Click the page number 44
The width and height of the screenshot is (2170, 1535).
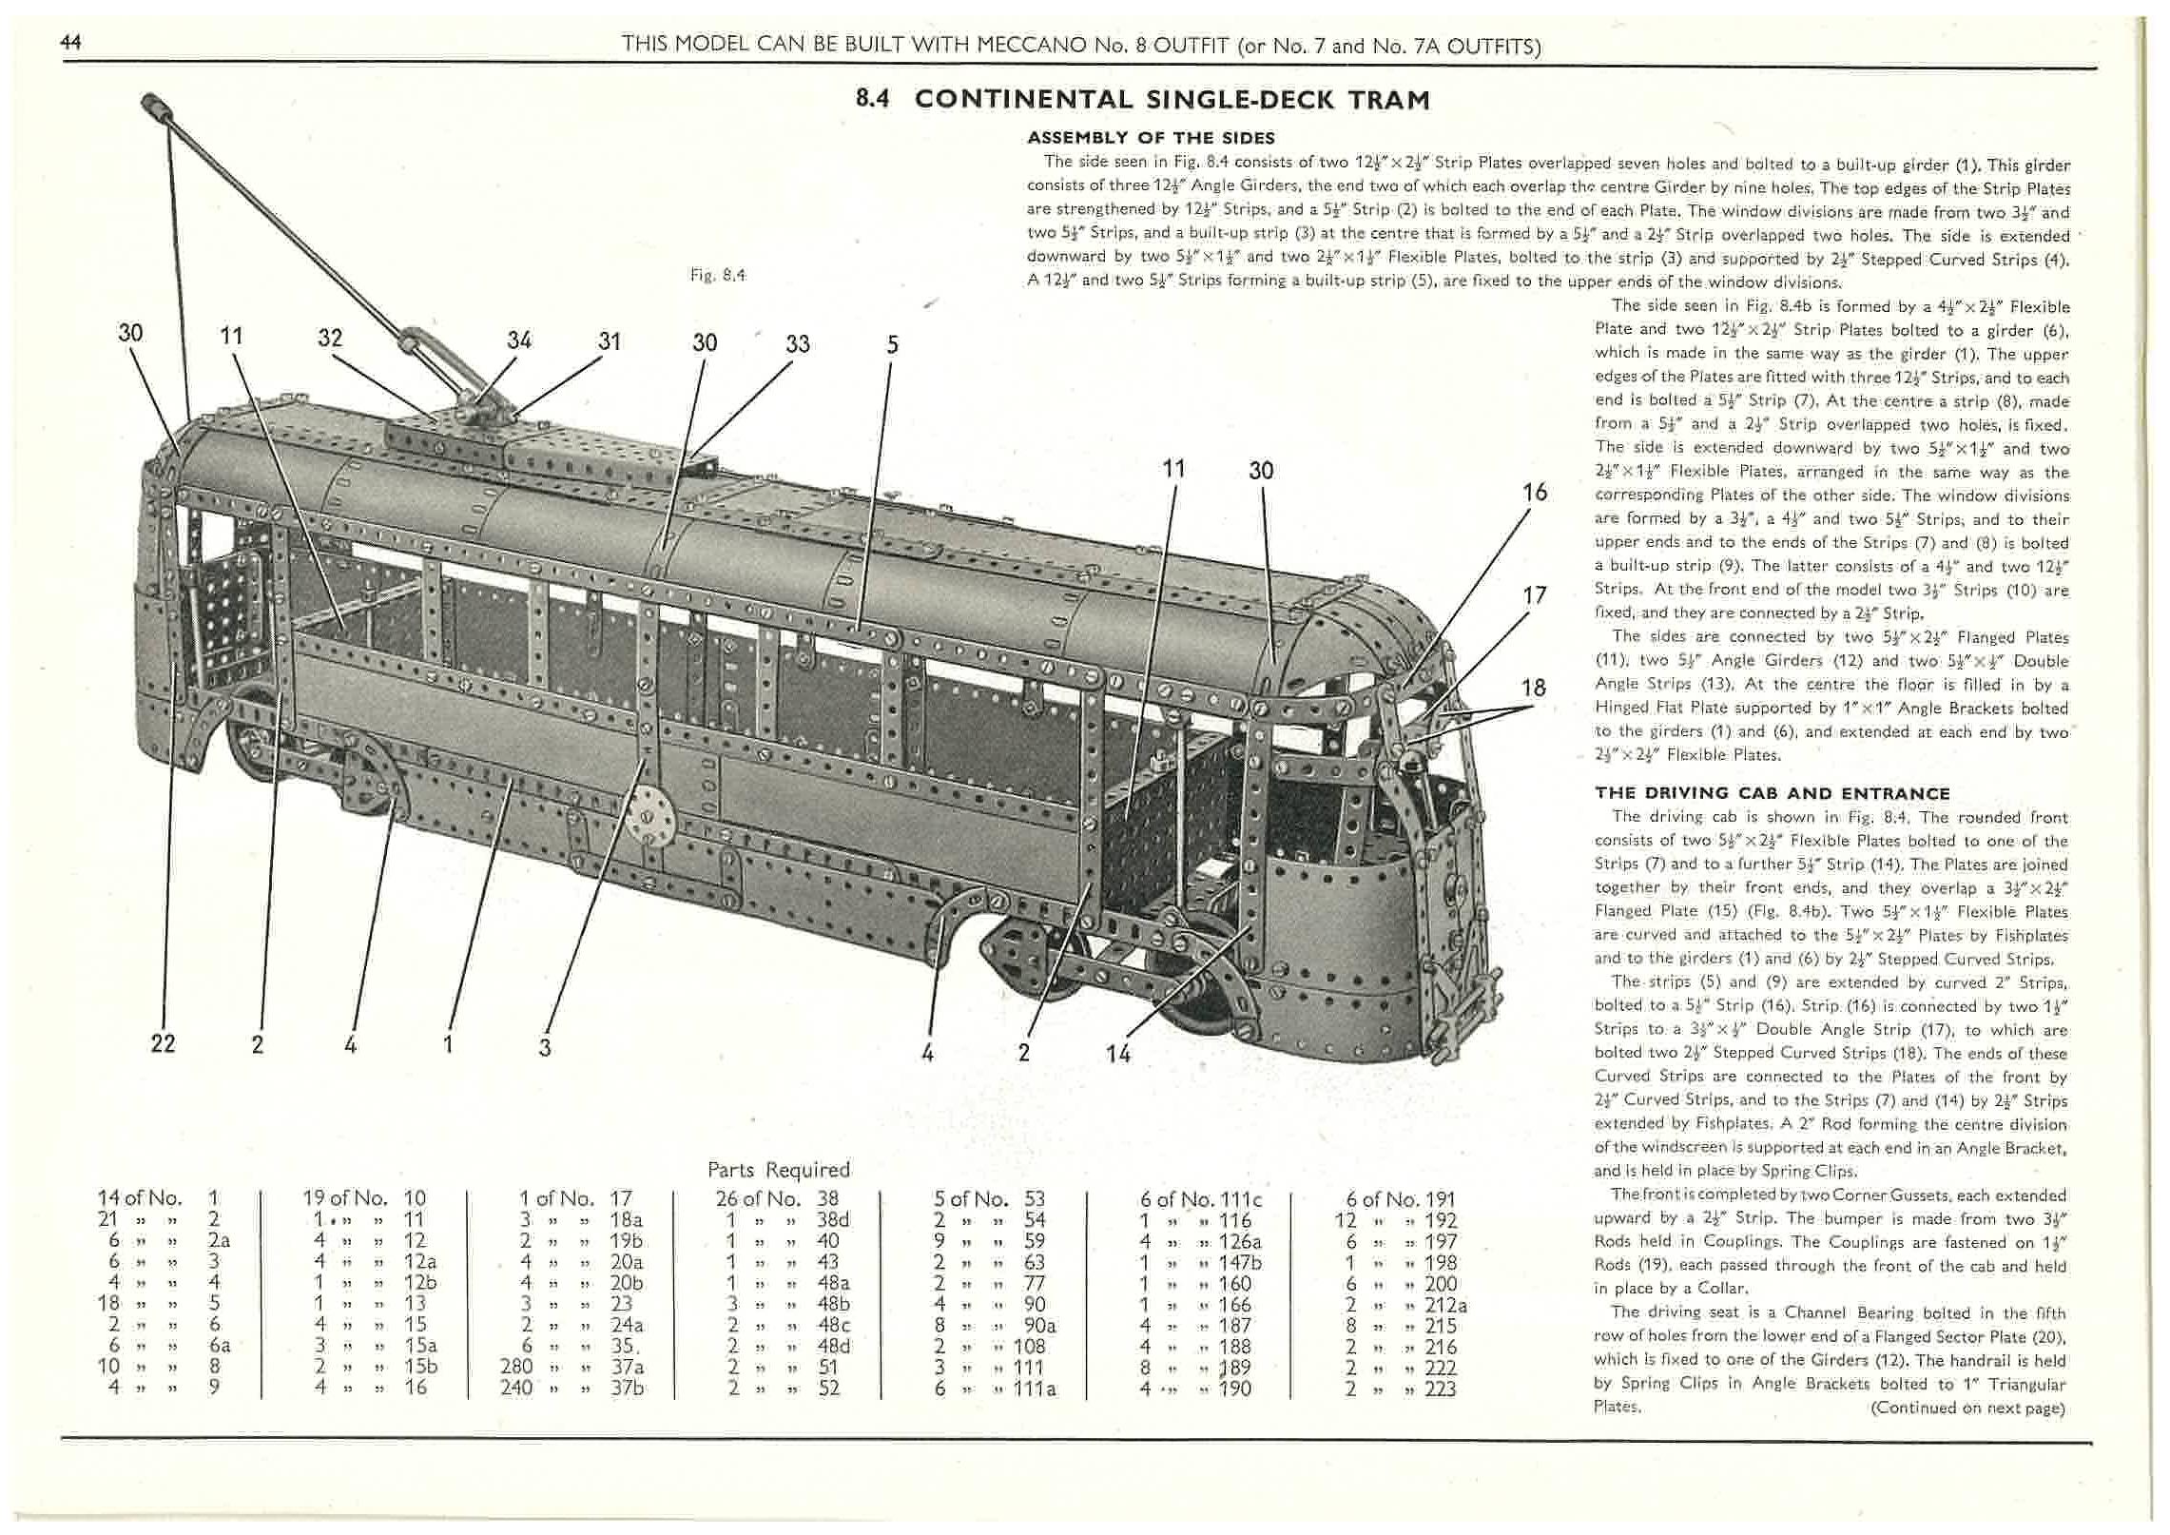69,41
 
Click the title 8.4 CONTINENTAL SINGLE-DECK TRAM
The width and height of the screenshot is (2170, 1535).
1143,100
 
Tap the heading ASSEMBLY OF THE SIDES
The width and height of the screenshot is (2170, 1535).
1151,138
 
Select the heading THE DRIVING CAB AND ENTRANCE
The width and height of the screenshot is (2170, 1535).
1772,793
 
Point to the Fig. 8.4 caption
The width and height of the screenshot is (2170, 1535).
718,275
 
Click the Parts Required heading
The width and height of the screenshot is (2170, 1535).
778,1169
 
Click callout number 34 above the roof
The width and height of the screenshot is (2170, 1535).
519,340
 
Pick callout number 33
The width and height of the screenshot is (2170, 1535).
797,343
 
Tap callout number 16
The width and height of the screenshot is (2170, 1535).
1534,492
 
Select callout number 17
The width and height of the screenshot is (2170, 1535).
1534,595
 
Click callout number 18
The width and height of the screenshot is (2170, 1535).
1533,687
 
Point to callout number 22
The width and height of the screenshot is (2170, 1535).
163,1043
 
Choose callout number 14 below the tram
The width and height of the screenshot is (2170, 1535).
1118,1053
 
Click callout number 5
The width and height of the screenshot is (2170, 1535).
891,343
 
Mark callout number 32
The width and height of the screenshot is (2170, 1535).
330,338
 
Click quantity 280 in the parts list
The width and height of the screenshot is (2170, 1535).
522,1366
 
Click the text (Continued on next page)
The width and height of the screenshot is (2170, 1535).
1967,1408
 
